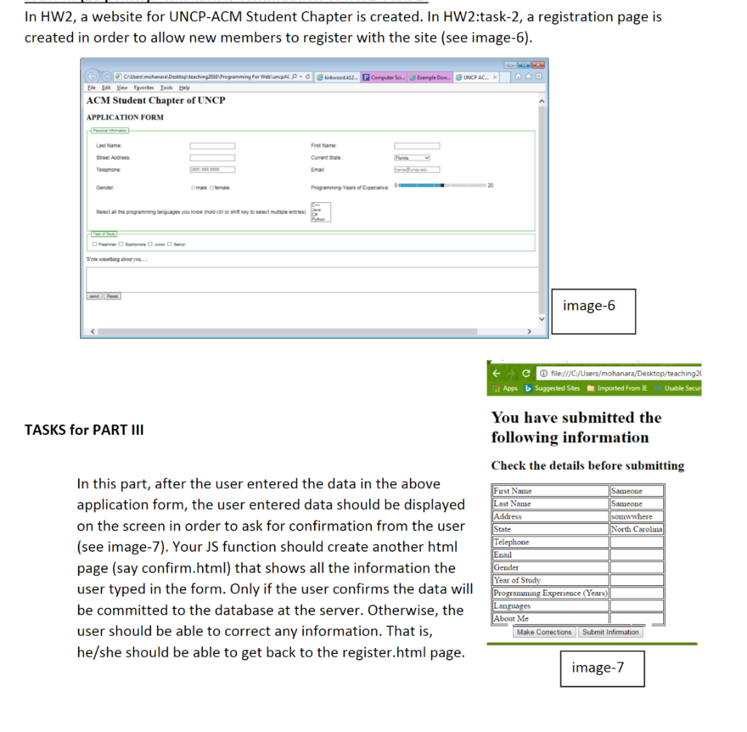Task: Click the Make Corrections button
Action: click(543, 632)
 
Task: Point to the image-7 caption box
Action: click(597, 668)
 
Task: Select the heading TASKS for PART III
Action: click(84, 430)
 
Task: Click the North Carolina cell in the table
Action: click(637, 529)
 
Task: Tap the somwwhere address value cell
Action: click(637, 516)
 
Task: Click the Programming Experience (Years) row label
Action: click(551, 593)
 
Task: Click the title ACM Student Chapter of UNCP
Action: click(155, 101)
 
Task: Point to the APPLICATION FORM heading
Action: click(125, 117)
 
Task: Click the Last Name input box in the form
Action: click(212, 146)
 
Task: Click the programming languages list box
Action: click(321, 212)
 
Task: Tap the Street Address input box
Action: click(212, 158)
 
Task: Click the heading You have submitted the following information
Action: click(576, 428)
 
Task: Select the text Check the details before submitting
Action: click(587, 466)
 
